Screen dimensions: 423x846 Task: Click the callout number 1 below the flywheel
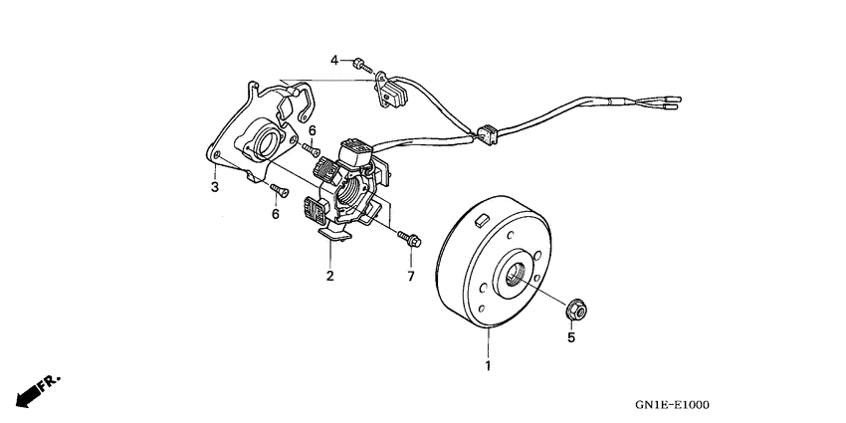pyautogui.click(x=488, y=366)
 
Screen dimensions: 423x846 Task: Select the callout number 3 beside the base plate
pyautogui.click(x=213, y=186)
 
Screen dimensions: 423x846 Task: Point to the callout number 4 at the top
pyautogui.click(x=334, y=61)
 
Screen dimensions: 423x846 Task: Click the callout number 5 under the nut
pyautogui.click(x=571, y=338)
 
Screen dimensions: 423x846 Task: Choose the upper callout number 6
pyautogui.click(x=311, y=130)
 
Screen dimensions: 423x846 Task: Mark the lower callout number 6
pyautogui.click(x=275, y=213)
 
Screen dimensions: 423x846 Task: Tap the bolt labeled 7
pyautogui.click(x=408, y=239)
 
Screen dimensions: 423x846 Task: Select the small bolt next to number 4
pyautogui.click(x=358, y=65)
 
